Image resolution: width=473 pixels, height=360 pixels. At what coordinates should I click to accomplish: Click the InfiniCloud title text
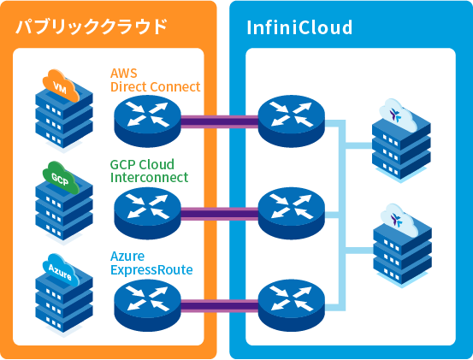coord(299,27)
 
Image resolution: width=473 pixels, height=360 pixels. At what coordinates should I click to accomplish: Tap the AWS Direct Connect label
coord(155,80)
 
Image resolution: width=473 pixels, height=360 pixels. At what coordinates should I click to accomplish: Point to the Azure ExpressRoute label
coord(151,263)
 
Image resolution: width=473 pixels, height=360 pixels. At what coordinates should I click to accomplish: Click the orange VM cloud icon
coord(61,87)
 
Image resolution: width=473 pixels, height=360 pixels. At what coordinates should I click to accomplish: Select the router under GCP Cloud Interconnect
coord(148,208)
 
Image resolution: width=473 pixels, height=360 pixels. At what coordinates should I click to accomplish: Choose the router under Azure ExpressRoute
coord(148,299)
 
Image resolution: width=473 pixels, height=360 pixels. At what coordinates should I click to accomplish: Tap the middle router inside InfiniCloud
coord(292,208)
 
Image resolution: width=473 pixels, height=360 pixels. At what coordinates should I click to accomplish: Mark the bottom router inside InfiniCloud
coord(292,299)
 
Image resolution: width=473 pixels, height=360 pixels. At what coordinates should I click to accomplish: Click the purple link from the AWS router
coord(220,121)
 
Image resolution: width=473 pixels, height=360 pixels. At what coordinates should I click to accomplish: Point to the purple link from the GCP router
coord(220,213)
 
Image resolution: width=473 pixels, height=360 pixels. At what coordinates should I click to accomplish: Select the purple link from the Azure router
coord(220,304)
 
